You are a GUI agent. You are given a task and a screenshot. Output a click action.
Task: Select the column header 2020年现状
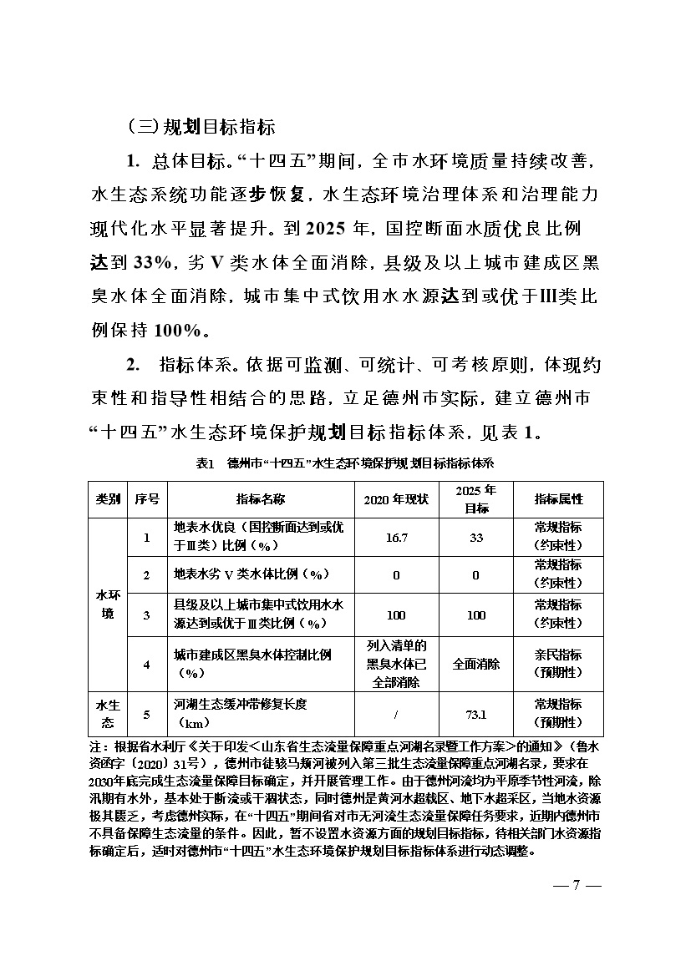click(396, 499)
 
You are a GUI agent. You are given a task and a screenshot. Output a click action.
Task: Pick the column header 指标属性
click(558, 499)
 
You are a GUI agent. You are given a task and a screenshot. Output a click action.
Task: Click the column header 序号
click(147, 499)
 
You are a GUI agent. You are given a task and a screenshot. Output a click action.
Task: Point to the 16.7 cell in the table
click(396, 538)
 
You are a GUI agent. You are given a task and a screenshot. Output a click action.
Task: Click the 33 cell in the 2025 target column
click(476, 538)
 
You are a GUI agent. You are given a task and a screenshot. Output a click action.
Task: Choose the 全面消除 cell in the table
click(476, 665)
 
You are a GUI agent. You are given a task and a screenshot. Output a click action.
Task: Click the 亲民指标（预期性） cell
click(558, 665)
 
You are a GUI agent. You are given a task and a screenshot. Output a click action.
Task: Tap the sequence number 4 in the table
click(147, 665)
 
